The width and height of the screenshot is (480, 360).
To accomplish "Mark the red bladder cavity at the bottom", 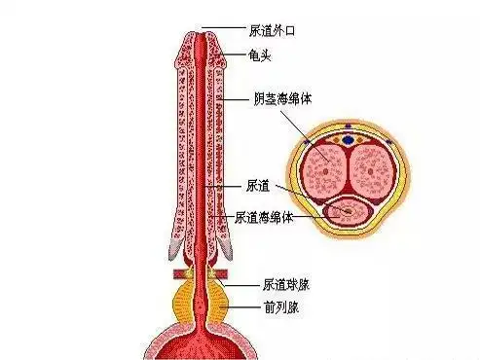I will pyautogui.click(x=203, y=345).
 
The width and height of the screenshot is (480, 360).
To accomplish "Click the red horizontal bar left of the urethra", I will pyautogui.click(x=181, y=273).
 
